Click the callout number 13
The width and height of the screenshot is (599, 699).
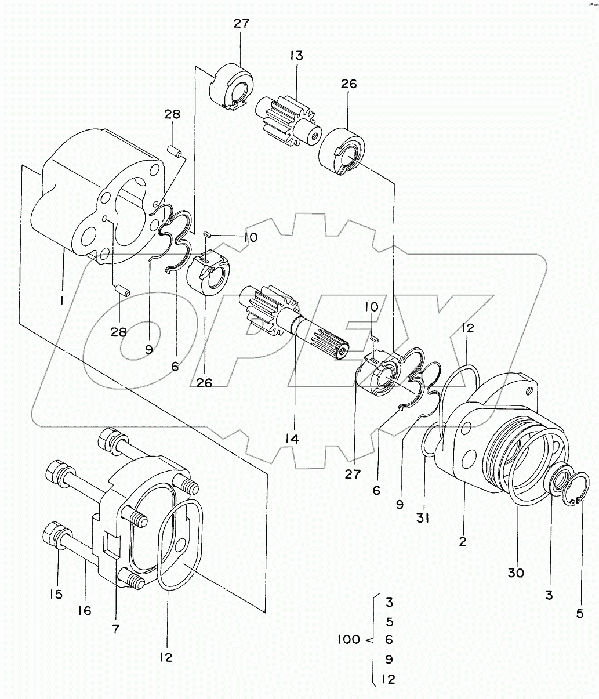pos(296,56)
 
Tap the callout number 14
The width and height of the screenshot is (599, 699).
pos(292,439)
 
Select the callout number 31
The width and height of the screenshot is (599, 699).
pos(423,518)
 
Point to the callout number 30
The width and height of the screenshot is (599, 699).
pos(515,573)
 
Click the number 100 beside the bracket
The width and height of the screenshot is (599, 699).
pos(349,639)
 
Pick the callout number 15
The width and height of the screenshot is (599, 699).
pos(56,594)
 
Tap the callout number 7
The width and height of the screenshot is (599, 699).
pos(115,629)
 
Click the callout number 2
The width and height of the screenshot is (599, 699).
pos(462,541)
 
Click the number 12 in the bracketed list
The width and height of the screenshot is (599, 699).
pos(388,679)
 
